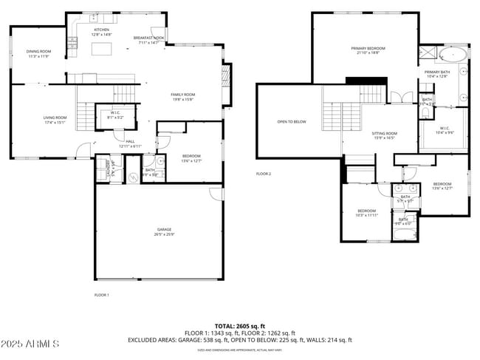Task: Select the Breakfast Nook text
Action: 148,38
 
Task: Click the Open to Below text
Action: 292,121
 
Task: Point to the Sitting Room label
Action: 384,133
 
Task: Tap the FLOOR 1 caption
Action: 101,295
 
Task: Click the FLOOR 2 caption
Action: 264,174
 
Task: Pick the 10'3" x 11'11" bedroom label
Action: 367,213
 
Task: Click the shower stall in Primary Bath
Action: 427,53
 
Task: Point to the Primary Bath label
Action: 436,72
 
